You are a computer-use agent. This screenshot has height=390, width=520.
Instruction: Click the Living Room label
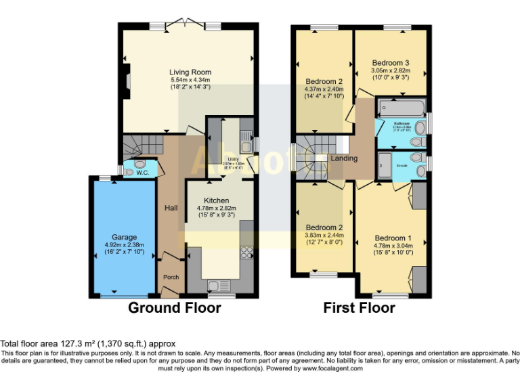(x=190, y=72)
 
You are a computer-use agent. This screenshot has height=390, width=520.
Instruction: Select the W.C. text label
(x=142, y=173)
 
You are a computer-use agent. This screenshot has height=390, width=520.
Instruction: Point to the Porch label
(x=171, y=277)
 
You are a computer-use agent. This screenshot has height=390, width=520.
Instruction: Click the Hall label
(x=171, y=208)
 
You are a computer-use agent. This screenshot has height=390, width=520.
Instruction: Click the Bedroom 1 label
(x=393, y=238)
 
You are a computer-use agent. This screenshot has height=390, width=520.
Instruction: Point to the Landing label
(x=344, y=158)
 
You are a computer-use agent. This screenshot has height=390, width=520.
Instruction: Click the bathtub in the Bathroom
(x=402, y=107)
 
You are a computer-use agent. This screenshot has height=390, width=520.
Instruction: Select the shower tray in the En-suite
(x=385, y=165)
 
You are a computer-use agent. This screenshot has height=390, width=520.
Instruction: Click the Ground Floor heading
(x=175, y=308)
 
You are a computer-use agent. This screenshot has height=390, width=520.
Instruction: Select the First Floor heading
(x=359, y=308)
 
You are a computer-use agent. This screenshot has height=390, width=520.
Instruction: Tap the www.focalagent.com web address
(x=332, y=369)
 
